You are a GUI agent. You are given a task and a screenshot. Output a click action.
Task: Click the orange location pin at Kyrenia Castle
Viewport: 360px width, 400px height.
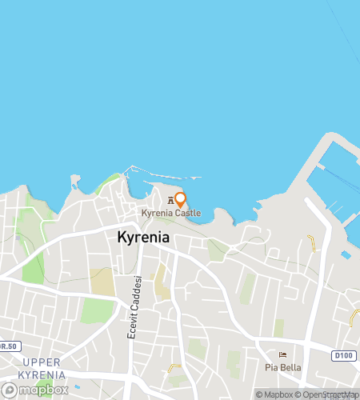180,199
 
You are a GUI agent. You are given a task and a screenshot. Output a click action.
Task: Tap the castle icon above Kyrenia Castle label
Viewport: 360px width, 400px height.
170,200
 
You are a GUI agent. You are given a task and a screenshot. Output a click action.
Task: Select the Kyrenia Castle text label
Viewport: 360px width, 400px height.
170,214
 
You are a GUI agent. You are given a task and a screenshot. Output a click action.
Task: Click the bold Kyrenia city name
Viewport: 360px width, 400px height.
144,237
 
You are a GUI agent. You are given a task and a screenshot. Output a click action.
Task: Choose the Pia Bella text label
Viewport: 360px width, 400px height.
282,367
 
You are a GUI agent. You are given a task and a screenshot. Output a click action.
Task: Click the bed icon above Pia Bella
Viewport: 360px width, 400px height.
282,354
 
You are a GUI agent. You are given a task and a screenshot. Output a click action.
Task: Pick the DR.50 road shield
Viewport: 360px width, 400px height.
8,346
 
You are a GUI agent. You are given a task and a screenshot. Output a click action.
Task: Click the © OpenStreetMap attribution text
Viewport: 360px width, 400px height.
327,394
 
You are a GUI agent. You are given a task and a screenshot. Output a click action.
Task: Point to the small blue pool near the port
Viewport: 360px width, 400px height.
346,255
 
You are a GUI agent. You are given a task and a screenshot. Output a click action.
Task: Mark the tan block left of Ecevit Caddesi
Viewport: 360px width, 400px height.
102,282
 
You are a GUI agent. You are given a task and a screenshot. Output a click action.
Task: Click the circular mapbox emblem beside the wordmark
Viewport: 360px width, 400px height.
10,390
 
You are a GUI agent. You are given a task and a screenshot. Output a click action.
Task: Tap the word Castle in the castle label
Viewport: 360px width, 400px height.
186,214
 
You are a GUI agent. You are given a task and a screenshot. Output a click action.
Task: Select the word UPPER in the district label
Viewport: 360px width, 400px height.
39,363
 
